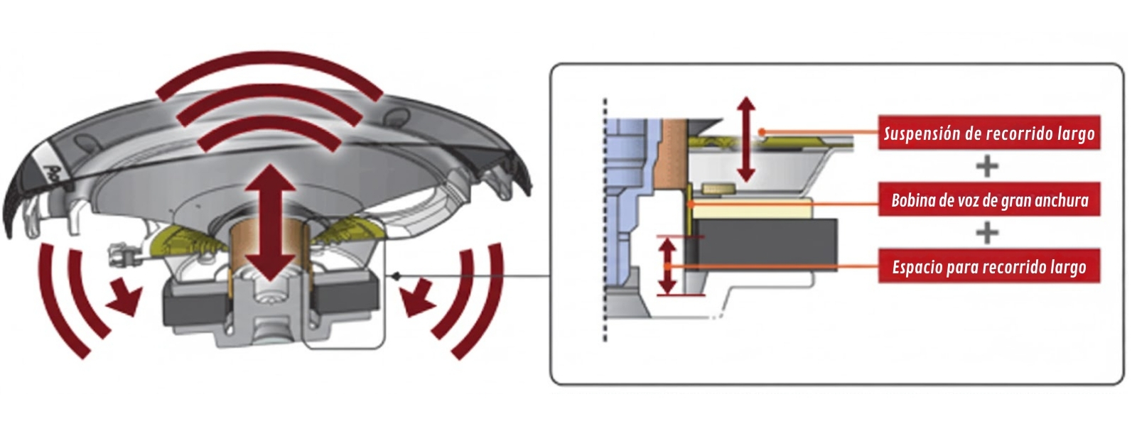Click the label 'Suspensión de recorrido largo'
tap(988, 133)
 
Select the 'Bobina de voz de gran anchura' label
tap(988, 200)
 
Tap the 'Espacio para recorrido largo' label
tap(988, 266)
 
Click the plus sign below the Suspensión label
tap(987, 166)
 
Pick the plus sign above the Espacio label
tap(987, 233)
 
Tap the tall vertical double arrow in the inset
tap(745, 140)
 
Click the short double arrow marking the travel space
tap(667, 266)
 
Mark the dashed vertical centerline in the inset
tap(605, 220)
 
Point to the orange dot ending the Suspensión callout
tap(761, 132)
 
